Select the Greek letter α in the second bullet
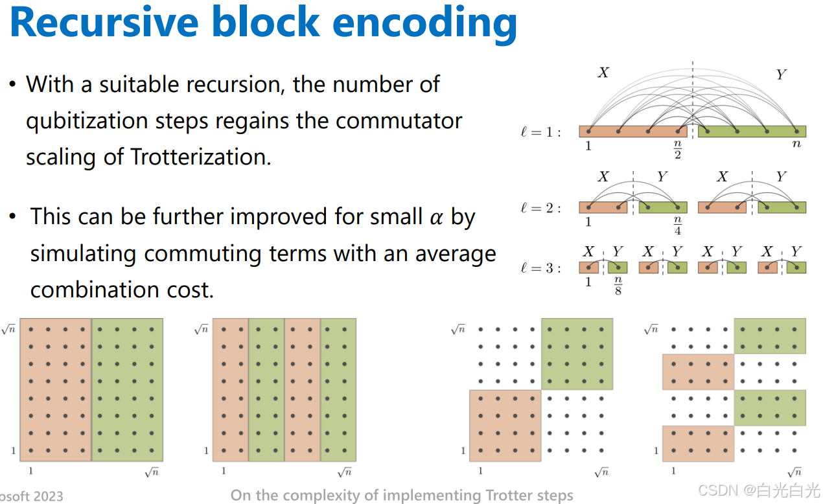click(437, 216)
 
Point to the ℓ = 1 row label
click(541, 132)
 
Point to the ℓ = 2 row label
click(541, 208)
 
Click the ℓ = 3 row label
click(541, 268)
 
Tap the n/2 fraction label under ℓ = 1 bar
click(678, 149)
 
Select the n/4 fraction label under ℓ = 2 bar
click(678, 225)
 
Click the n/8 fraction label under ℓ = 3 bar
click(618, 286)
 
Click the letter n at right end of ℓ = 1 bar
click(796, 144)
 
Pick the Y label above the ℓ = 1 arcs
click(781, 74)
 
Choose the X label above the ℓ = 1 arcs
click(603, 73)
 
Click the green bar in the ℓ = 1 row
click(752, 132)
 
